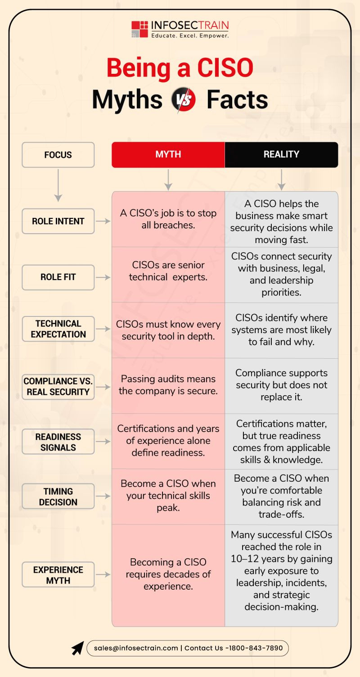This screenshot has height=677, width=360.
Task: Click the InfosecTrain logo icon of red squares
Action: pyautogui.click(x=139, y=29)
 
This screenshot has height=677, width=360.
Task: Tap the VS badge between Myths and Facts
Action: pyautogui.click(x=184, y=99)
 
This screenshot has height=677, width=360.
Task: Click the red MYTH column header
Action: pyautogui.click(x=168, y=154)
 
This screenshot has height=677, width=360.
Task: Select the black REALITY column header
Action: pyautogui.click(x=281, y=154)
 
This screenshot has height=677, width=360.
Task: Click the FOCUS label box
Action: pyautogui.click(x=58, y=155)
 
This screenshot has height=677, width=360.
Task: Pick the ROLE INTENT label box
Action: pyautogui.click(x=58, y=221)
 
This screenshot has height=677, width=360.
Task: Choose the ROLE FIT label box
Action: pyautogui.click(x=58, y=277)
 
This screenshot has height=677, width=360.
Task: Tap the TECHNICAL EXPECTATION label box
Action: pyautogui.click(x=58, y=329)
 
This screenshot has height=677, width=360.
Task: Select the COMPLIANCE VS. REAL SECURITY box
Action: pyautogui.click(x=58, y=387)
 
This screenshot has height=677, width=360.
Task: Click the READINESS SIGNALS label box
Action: pyautogui.click(x=58, y=442)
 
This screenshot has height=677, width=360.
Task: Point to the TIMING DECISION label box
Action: pyautogui.click(x=58, y=496)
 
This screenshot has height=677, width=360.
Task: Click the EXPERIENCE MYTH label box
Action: pyautogui.click(x=58, y=575)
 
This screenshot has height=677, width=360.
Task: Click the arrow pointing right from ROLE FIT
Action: pyautogui.click(x=103, y=277)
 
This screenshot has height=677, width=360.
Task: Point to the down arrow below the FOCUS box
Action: pyautogui.click(x=58, y=185)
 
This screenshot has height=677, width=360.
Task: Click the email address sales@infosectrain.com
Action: pyautogui.click(x=136, y=648)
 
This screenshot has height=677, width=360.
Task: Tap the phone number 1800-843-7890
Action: pyautogui.click(x=256, y=648)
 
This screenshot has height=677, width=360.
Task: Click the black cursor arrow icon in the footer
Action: pyautogui.click(x=78, y=648)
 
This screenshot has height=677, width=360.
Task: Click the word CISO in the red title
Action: pyautogui.click(x=225, y=68)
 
